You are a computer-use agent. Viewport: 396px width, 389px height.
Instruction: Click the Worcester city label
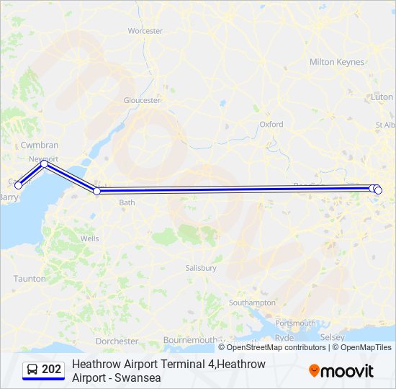(x=145, y=31)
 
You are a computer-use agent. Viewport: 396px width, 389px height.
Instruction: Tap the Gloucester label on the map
(x=142, y=101)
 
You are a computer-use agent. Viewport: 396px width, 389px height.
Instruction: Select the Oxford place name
(x=271, y=125)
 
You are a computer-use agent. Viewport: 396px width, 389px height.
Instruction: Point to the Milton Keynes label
(x=337, y=62)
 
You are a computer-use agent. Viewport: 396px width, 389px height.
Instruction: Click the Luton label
(x=382, y=97)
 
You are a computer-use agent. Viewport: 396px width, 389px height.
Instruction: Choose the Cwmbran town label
(x=40, y=146)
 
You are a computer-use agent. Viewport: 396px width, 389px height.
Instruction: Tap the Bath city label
(x=127, y=203)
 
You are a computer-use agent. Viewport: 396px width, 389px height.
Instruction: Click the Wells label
(x=90, y=238)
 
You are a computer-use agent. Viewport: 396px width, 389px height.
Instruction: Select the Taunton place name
(x=30, y=279)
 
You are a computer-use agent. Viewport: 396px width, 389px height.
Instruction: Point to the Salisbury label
(x=200, y=268)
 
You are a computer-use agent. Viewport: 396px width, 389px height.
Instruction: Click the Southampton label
(x=252, y=303)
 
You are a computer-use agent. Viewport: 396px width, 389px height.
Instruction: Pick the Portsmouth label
(x=295, y=323)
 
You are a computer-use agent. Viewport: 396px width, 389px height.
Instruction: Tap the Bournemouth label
(x=189, y=340)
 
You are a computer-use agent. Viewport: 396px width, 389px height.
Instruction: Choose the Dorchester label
(x=117, y=341)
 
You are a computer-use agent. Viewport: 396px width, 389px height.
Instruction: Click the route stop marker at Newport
(x=45, y=164)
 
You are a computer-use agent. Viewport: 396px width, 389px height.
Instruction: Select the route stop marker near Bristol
(x=97, y=191)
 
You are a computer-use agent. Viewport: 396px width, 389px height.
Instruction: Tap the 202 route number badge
(x=44, y=370)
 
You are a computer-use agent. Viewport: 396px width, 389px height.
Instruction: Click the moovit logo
(x=341, y=371)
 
